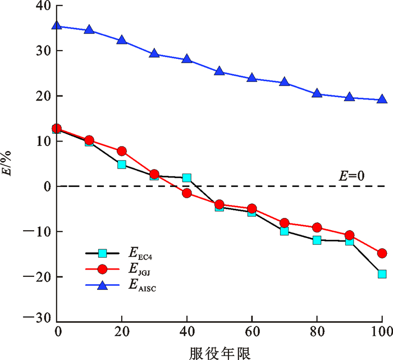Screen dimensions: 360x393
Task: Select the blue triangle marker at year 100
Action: click(382, 99)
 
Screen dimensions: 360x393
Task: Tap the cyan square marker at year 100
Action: click(382, 274)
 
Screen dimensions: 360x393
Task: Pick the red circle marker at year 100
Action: click(382, 253)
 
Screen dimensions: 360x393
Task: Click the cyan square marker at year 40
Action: click(186, 178)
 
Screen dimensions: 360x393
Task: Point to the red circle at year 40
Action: click(186, 193)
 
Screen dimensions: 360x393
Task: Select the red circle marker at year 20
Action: click(122, 151)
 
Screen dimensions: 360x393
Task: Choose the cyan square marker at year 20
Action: click(122, 165)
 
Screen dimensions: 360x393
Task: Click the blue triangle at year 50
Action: click(219, 71)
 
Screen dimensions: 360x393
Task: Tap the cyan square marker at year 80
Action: click(317, 240)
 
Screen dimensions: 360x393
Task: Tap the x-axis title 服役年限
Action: click(220, 352)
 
